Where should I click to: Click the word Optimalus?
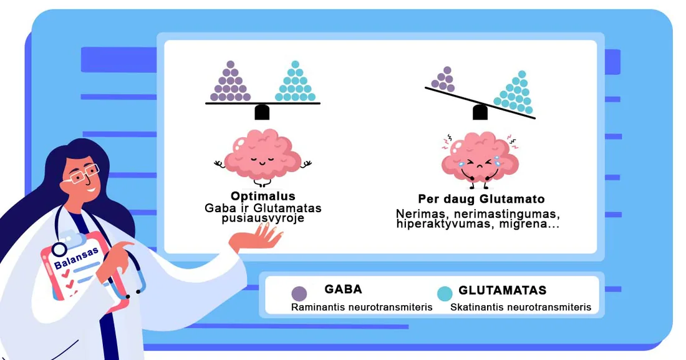[x=263, y=196]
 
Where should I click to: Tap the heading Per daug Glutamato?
[x=481, y=199]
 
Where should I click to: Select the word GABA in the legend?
[x=343, y=289]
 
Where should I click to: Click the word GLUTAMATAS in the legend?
[x=502, y=290]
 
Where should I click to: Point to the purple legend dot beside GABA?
[x=299, y=293]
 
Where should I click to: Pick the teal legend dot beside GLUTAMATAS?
[x=445, y=293]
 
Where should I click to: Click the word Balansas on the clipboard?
[x=76, y=258]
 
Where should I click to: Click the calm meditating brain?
[x=263, y=158]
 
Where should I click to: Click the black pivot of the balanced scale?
[x=262, y=112]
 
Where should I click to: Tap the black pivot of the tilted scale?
[x=480, y=112]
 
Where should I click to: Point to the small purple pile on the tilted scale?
[x=443, y=79]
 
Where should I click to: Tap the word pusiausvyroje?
[x=263, y=218]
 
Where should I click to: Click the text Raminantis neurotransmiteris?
[x=362, y=307]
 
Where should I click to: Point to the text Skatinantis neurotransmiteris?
[x=521, y=307]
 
